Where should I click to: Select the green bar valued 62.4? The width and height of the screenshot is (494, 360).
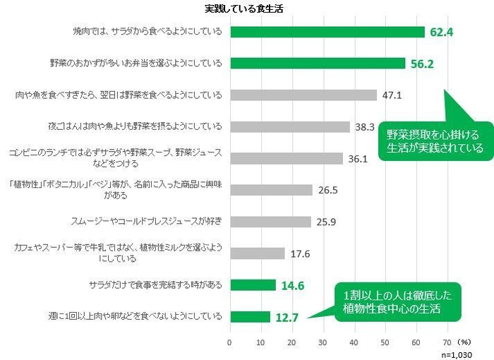coord(327,32)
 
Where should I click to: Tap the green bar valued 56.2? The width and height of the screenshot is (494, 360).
coord(317,63)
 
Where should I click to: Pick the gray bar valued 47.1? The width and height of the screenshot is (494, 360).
coord(303,95)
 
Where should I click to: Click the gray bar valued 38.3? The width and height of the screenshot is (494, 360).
coord(289,127)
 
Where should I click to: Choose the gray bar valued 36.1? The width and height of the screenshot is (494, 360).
coord(286,158)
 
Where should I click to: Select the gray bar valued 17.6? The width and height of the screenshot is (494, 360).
coord(257,253)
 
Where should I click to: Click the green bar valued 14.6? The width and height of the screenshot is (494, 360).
coord(252,284)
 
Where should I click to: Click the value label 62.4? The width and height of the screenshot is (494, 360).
coord(442,32)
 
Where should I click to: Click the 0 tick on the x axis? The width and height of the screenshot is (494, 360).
coord(229,342)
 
